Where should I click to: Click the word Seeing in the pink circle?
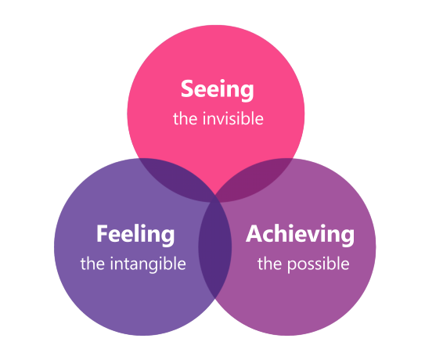[x=218, y=89]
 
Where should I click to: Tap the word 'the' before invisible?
[x=185, y=118]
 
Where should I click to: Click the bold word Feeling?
[x=135, y=235]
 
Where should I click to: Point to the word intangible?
[x=148, y=264]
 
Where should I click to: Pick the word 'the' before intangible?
[x=92, y=264]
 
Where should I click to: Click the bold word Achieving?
[x=301, y=235]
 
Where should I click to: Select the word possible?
[x=319, y=264]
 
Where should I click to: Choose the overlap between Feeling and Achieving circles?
[x=215, y=247]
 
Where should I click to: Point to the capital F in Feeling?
[x=103, y=233]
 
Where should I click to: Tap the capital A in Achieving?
[x=254, y=233]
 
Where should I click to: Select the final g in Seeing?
[x=247, y=92]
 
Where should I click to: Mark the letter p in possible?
[x=292, y=266]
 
